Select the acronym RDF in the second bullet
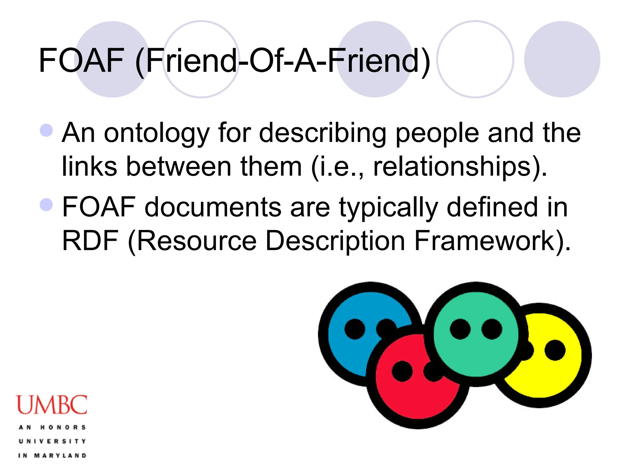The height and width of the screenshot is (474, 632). pos(90,241)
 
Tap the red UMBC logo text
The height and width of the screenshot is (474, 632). pos(52,405)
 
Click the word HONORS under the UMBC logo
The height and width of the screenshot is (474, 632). pos(63,427)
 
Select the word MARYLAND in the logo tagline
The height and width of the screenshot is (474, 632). pos(60,455)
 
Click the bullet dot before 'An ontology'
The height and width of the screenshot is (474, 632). pos(46,130)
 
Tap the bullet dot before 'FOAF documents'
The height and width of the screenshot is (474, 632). pos(46,205)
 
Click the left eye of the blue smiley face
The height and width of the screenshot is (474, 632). pos(355,329)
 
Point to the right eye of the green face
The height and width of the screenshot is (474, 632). pos(492,329)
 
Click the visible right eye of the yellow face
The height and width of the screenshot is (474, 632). pos(555,350)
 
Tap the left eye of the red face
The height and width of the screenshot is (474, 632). pos(402,371)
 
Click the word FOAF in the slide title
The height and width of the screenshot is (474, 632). pos(81,60)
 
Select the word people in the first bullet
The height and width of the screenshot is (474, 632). pos(437,133)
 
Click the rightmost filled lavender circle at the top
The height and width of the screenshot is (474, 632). pos(562,59)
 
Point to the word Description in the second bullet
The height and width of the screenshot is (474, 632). pos(335,241)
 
